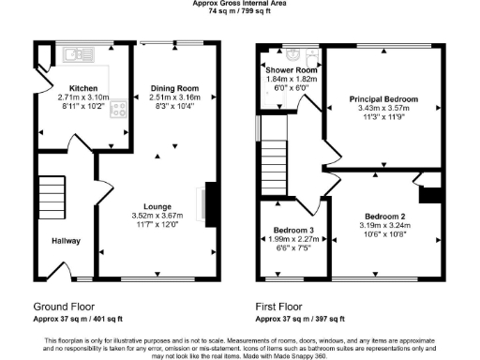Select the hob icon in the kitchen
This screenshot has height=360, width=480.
(118, 109)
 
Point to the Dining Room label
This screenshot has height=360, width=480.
(175, 87)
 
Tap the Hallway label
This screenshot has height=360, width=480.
(65, 241)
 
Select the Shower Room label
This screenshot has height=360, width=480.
(292, 71)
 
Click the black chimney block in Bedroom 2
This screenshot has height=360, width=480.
(431, 194)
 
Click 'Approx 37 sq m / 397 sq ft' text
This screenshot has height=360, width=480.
(301, 319)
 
